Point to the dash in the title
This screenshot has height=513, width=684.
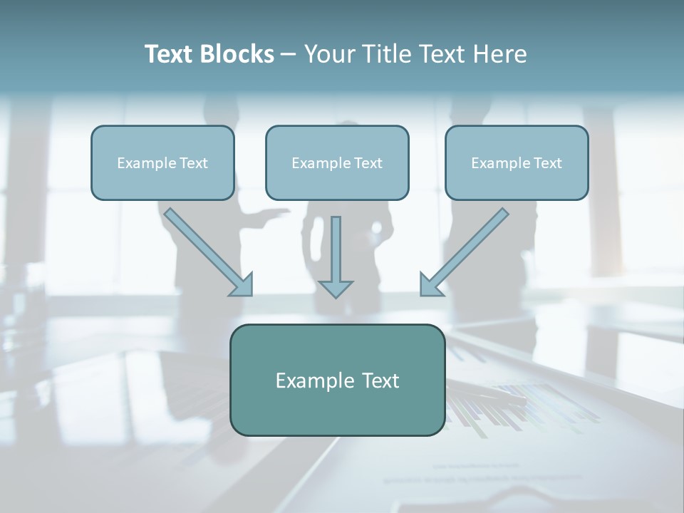289,55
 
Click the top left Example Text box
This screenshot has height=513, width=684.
162,162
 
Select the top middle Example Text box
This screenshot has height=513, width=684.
337,162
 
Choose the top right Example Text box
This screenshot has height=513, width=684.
517,162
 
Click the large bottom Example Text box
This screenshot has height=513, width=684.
337,380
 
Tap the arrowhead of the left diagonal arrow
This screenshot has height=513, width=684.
243,285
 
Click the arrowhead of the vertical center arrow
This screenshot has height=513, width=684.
336,289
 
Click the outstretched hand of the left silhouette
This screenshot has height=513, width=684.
282,212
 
